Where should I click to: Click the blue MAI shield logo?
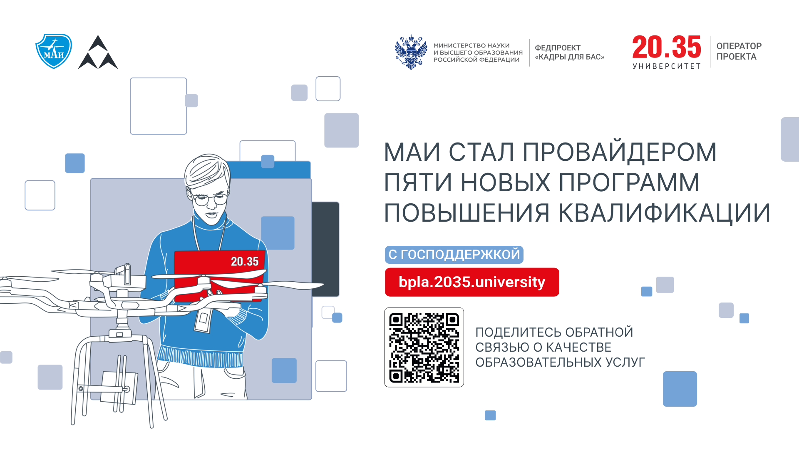(54, 51)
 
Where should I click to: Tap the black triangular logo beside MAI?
(98, 52)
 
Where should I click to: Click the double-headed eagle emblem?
(411, 52)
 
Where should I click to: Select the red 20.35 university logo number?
(667, 47)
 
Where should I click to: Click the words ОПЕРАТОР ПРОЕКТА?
(739, 51)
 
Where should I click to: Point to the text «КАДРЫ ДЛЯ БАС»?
(570, 57)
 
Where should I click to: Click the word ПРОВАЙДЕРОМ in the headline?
(620, 152)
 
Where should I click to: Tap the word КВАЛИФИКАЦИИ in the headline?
(664, 213)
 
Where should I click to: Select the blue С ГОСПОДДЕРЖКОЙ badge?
(454, 255)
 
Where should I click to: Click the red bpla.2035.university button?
(472, 282)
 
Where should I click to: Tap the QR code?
(424, 347)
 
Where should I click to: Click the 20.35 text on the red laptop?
(245, 262)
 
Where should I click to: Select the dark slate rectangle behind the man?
(325, 249)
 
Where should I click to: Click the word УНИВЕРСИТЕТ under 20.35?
(667, 66)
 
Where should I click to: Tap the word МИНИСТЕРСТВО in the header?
(459, 45)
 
